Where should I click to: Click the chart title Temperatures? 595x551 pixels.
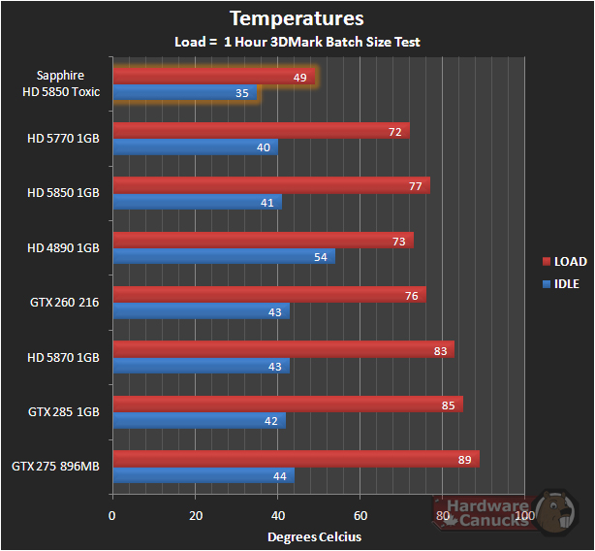[297, 18]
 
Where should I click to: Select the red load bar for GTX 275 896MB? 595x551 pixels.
[296, 459]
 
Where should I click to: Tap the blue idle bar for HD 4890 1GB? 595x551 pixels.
[223, 256]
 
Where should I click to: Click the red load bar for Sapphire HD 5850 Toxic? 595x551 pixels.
[213, 77]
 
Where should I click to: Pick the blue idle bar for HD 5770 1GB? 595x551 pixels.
[195, 147]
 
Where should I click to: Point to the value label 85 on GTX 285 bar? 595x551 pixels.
[448, 405]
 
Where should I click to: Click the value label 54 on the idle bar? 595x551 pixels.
[320, 256]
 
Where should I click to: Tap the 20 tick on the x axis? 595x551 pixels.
[196, 516]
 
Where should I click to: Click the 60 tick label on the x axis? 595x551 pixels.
[360, 516]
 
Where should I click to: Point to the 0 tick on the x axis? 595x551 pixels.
[112, 516]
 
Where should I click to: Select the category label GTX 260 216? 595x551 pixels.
[64, 303]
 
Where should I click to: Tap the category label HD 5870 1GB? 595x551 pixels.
[64, 357]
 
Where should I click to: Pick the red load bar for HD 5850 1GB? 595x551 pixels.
[270, 185]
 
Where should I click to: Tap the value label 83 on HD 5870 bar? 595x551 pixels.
[440, 349]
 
